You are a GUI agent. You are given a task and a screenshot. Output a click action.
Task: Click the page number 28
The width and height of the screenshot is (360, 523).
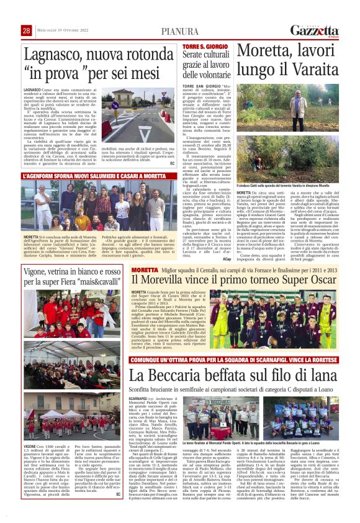[26, 30]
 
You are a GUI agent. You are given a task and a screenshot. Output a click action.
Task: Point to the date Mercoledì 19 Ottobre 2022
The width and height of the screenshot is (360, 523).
[61, 30]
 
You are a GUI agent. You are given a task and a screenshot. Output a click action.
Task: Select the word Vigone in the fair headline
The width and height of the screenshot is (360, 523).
[41, 271]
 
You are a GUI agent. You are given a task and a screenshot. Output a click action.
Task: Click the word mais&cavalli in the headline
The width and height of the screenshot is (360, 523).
[92, 282]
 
